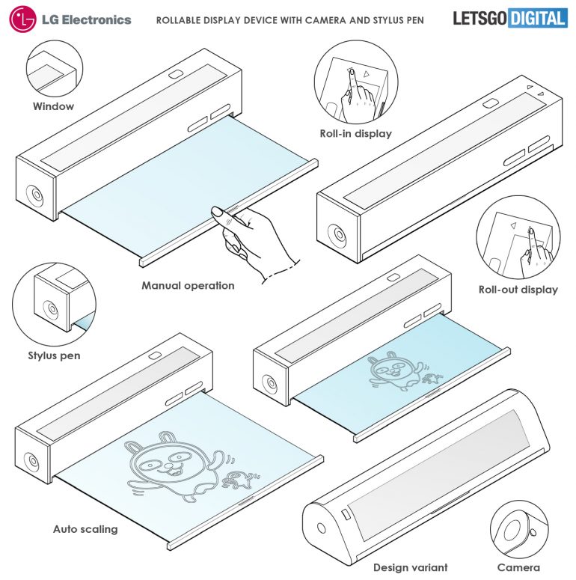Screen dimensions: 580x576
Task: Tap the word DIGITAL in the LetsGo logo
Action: (537, 19)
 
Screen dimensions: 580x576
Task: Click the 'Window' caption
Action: (53, 106)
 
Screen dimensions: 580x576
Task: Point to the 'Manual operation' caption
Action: (188, 285)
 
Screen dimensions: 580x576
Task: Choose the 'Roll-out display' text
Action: (518, 290)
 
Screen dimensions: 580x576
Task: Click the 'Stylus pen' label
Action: (55, 355)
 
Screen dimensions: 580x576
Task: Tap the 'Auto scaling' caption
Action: (85, 529)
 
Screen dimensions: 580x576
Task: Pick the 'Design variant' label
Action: (410, 567)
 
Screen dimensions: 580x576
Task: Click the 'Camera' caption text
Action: (520, 567)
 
